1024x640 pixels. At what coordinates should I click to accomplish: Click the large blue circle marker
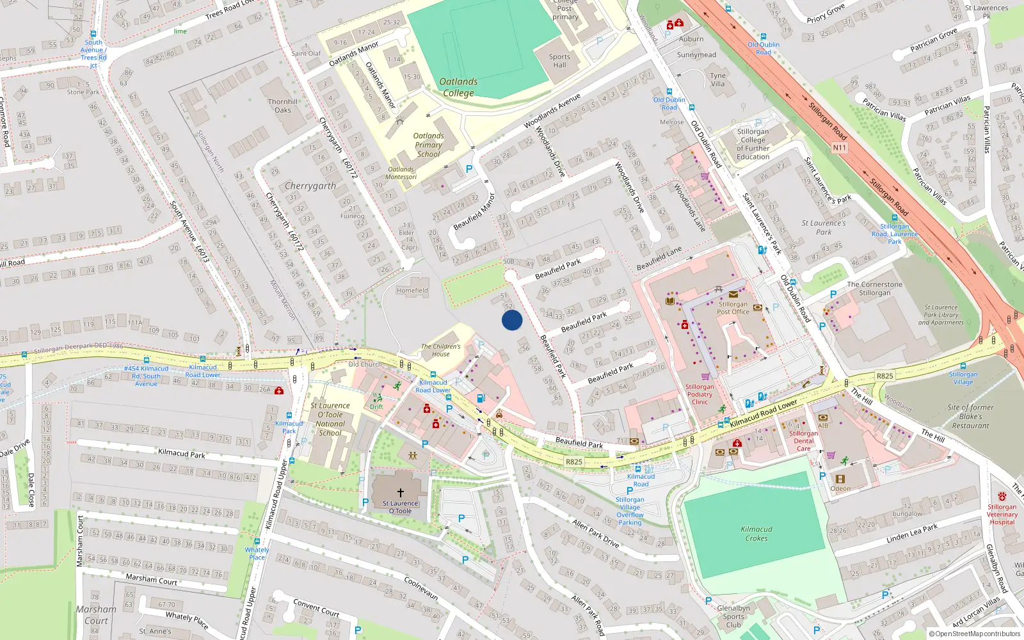[512, 320]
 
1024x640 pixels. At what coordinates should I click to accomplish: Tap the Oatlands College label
[458, 87]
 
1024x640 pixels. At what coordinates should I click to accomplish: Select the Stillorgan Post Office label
[733, 308]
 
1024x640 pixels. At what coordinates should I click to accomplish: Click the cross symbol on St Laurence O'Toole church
[401, 493]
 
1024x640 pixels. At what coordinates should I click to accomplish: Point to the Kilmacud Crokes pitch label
[756, 534]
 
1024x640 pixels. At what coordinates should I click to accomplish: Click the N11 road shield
[839, 148]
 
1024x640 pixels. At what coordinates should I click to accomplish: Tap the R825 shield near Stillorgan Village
[884, 376]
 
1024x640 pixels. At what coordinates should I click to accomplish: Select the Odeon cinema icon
[840, 479]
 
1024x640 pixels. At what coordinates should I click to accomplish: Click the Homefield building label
[412, 291]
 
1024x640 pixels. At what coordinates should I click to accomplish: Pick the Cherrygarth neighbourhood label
[310, 186]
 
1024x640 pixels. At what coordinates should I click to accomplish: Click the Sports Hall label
[559, 61]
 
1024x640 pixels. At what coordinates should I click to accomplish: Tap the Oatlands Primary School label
[428, 145]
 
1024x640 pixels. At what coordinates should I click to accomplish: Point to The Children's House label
[440, 350]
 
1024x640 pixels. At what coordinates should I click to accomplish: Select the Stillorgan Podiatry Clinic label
[700, 394]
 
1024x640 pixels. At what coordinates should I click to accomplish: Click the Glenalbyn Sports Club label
[733, 616]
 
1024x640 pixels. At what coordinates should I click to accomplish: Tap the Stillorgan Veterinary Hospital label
[1002, 514]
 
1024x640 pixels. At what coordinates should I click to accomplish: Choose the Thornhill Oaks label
[283, 106]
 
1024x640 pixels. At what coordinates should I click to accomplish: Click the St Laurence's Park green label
[824, 227]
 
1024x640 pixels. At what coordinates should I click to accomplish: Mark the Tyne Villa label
[718, 79]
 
